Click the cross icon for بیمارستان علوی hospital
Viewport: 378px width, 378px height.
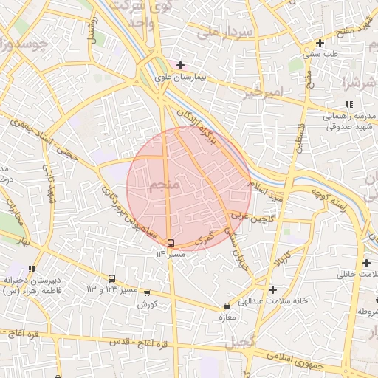(x=180, y=65)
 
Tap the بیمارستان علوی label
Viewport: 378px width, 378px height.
(x=179, y=76)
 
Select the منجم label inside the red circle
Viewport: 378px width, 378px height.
(x=165, y=185)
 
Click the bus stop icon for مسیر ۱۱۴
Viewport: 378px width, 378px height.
(x=171, y=243)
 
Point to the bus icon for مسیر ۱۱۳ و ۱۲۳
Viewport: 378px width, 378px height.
(x=111, y=279)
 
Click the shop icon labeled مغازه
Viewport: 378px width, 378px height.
(x=227, y=306)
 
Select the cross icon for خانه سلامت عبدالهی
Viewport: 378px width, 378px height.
(x=273, y=289)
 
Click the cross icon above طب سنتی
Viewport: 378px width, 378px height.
(x=319, y=43)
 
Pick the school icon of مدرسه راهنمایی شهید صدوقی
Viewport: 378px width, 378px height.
(x=349, y=105)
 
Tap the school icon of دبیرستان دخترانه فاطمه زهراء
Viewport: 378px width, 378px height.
(x=31, y=269)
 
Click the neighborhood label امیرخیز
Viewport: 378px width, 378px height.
(x=263, y=93)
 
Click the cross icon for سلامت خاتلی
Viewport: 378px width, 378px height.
(x=367, y=263)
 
